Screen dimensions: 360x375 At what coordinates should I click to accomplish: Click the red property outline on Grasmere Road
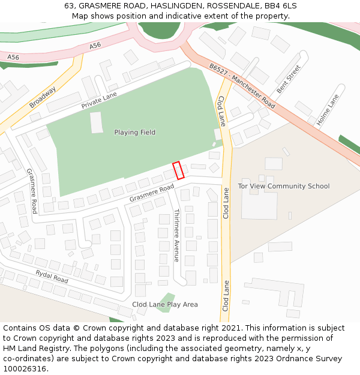click(178, 170)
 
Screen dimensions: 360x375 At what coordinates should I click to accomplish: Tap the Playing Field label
click(135, 132)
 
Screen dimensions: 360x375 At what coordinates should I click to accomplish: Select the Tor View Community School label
click(284, 186)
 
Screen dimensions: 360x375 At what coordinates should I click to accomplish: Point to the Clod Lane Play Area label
click(165, 304)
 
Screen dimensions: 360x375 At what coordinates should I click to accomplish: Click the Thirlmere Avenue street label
click(176, 235)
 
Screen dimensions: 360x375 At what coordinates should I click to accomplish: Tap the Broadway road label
click(43, 98)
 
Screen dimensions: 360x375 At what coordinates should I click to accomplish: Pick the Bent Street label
click(288, 79)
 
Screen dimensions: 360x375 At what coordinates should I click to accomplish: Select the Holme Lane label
click(328, 110)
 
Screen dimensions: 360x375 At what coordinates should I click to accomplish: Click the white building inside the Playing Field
click(97, 122)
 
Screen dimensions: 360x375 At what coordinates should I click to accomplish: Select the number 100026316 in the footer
click(25, 368)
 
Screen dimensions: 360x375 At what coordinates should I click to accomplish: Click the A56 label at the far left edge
click(13, 57)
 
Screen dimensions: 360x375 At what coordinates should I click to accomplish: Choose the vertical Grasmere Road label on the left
click(32, 190)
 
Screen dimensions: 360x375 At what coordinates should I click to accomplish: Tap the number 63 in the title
click(69, 5)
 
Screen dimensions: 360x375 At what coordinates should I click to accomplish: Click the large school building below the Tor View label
click(259, 205)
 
